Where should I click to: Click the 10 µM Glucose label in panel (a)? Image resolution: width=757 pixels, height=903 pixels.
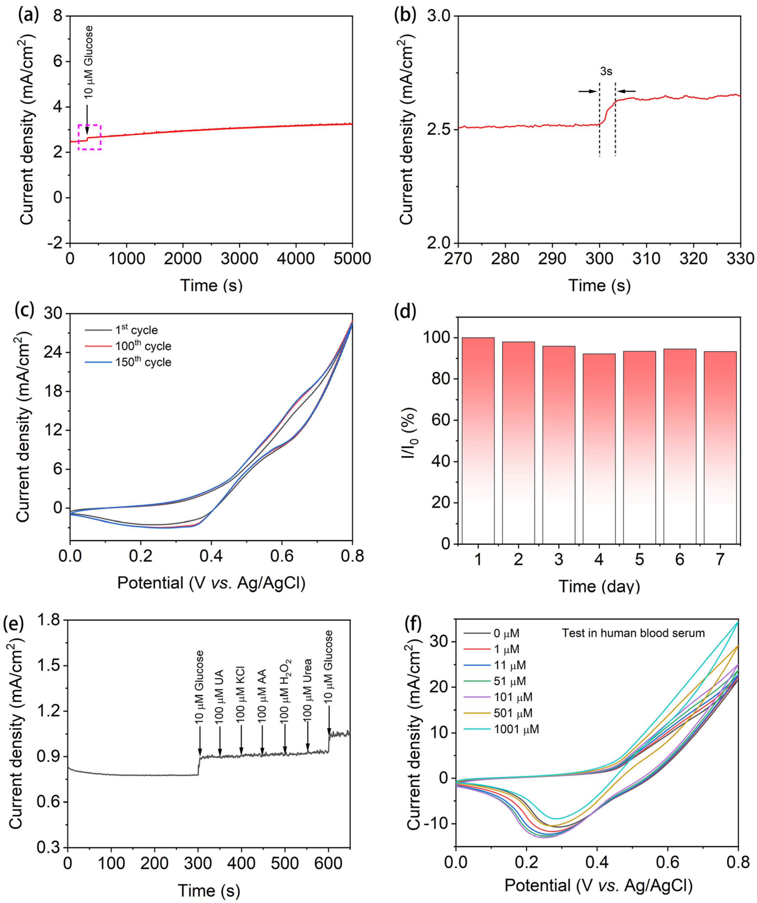pyautogui.click(x=88, y=62)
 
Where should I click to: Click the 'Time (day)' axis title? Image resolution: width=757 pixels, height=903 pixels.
pyautogui.click(x=599, y=586)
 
